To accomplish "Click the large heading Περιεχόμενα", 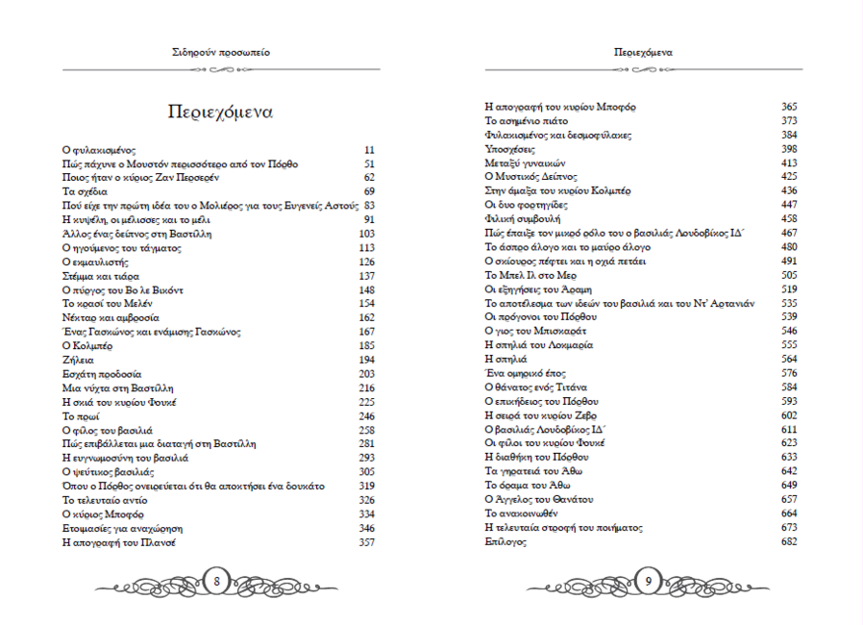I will click(x=219, y=112).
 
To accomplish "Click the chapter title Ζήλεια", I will click(x=77, y=360).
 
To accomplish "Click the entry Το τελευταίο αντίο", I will click(x=106, y=500).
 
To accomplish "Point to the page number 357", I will click(x=366, y=542).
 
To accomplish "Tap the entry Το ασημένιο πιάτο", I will click(x=527, y=121).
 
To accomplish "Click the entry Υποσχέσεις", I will click(x=510, y=149).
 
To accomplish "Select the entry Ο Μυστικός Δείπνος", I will click(x=530, y=177).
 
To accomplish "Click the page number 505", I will click(x=789, y=275).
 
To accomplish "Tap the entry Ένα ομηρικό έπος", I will click(x=527, y=373).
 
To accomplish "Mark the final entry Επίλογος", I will click(x=505, y=542).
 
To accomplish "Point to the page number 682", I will click(x=789, y=542).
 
